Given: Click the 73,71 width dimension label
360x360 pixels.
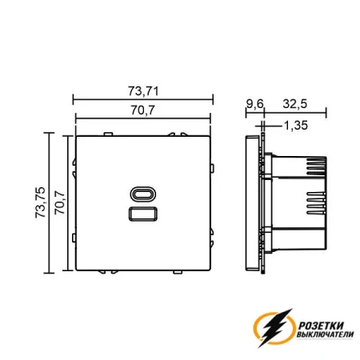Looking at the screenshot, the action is pos(143,91).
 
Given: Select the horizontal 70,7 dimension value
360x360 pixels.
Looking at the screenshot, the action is pos(142,110).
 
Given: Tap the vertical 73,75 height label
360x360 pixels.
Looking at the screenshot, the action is pos(41,202).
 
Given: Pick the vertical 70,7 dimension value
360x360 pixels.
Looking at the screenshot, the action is pos(60,202).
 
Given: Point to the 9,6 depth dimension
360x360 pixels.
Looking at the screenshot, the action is pos(254,104).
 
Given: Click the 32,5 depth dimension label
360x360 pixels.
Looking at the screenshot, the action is pos(295,104).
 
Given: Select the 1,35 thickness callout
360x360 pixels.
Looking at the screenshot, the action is pos(296,126).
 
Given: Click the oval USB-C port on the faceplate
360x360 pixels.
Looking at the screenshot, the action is pos(143,194).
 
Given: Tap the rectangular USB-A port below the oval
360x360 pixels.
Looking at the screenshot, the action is pos(143,214).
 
